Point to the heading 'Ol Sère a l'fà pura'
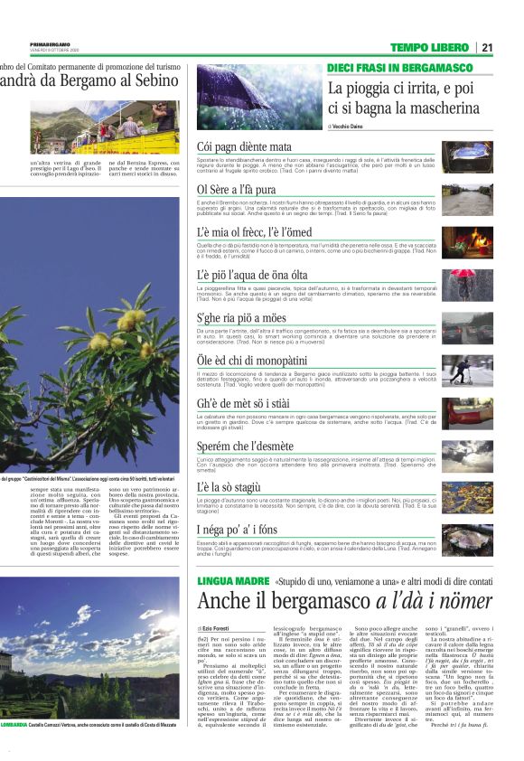click(x=236, y=189)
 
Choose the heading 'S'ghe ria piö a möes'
click(x=241, y=317)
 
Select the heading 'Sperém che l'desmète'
click(x=245, y=445)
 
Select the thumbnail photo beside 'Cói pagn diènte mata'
click(x=466, y=153)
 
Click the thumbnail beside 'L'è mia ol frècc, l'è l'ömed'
click(x=466, y=239)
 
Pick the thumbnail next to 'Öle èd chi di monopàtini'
click(x=466, y=367)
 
